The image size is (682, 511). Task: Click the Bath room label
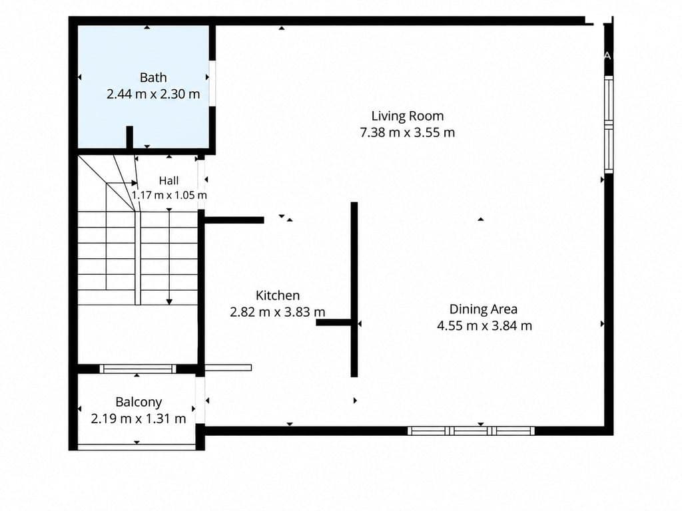click(x=153, y=77)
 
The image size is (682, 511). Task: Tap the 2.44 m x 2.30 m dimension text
click(x=153, y=94)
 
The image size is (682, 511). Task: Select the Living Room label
click(x=408, y=116)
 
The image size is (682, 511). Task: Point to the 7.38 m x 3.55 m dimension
click(x=408, y=132)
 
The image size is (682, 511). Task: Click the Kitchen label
click(x=278, y=295)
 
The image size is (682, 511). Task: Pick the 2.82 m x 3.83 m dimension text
click(x=278, y=312)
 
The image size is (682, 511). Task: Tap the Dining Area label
click(x=484, y=309)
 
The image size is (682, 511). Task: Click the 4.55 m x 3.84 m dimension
click(x=485, y=326)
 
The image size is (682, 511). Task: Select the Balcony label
click(x=139, y=403)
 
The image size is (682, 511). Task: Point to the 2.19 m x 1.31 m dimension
click(x=139, y=419)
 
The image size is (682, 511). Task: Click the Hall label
click(x=169, y=181)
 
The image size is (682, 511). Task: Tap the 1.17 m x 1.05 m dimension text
click(x=169, y=195)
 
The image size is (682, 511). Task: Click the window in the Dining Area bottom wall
click(x=471, y=430)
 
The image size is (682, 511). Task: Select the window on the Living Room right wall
click(x=609, y=124)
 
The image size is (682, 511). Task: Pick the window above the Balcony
click(x=138, y=369)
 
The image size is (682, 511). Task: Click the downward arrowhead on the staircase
click(x=169, y=301)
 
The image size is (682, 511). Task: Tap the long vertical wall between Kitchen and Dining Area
click(x=354, y=289)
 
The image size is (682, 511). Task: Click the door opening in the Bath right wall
click(x=212, y=83)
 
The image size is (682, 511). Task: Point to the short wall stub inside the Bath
click(x=130, y=137)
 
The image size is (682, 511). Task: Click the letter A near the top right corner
click(x=607, y=56)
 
